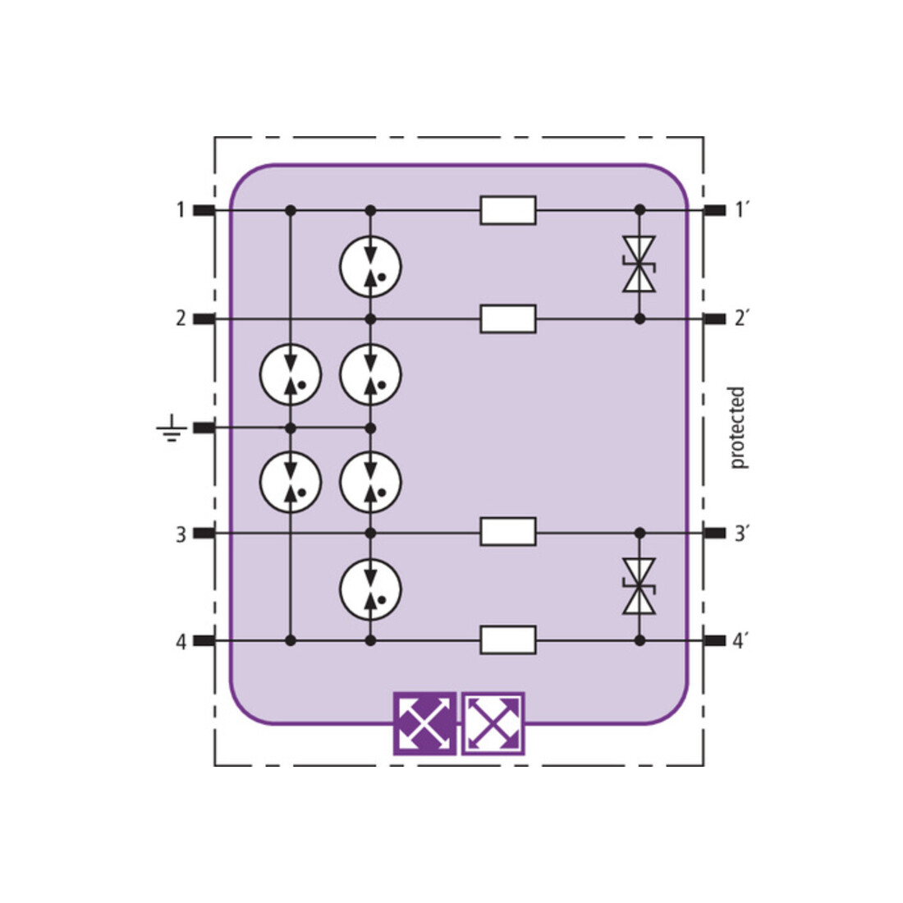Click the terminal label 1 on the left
point(181,210)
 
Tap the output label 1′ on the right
point(740,210)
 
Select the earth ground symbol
point(172,428)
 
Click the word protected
point(737,428)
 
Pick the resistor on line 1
point(508,210)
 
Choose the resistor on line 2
point(508,319)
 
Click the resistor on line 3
point(508,532)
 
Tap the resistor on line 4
point(508,639)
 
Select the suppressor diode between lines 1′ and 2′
point(639,264)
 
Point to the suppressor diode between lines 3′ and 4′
point(639,586)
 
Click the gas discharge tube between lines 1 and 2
point(370,266)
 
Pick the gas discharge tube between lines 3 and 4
point(370,589)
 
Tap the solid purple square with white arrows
point(425,723)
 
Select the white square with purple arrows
point(493,723)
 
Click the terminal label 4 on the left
point(181,642)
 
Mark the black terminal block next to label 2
point(204,319)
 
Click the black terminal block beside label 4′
point(715,640)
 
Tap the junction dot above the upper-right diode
point(639,209)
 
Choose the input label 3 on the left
point(181,534)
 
